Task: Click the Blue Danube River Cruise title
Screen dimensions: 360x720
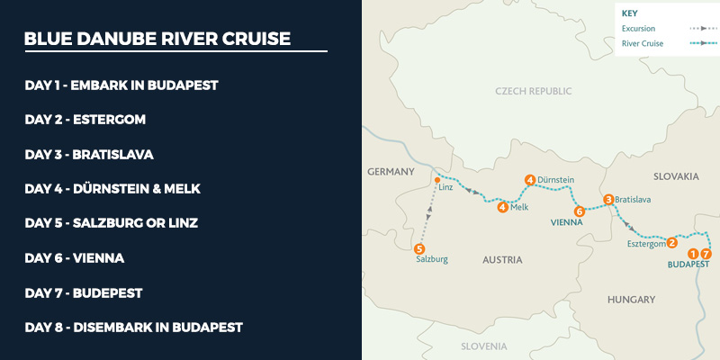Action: pos(157,40)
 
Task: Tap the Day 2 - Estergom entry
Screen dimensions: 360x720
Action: pos(85,120)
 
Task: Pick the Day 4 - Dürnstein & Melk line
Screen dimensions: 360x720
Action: pos(112,189)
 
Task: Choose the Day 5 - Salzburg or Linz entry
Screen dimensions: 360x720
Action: pos(112,223)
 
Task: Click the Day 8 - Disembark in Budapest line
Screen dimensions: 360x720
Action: pos(134,328)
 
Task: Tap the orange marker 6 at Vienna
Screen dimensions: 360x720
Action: pos(580,211)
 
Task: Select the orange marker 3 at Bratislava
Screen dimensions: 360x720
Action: pos(608,199)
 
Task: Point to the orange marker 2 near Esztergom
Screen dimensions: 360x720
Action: pos(671,242)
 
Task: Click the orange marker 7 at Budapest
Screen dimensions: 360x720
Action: pos(705,254)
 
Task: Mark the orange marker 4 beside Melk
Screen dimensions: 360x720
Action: pos(501,207)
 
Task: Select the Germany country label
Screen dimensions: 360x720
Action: pos(391,171)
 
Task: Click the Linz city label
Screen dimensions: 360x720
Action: pos(445,187)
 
